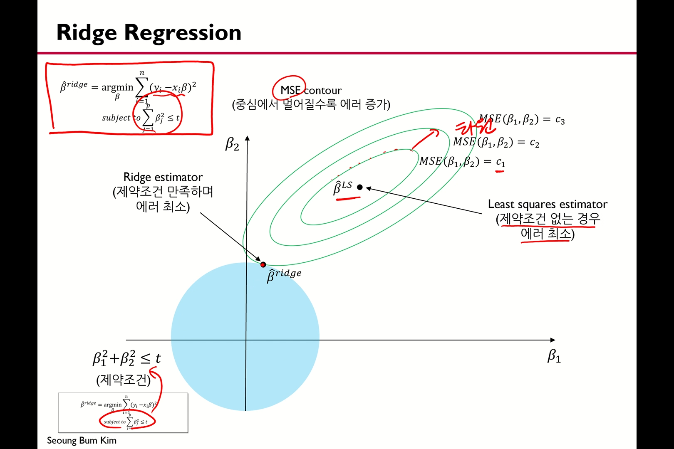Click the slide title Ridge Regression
[x=149, y=32]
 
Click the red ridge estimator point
[x=263, y=264]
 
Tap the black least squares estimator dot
[x=360, y=187]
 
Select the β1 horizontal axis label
[x=554, y=356]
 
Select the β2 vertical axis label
[x=232, y=144]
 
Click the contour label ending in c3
[x=522, y=120]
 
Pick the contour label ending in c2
[x=496, y=142]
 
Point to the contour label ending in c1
[x=462, y=161]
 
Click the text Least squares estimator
[x=548, y=204]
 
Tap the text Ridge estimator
[x=163, y=177]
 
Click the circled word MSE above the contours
[x=290, y=90]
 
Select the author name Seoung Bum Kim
[x=82, y=440]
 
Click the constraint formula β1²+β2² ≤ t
[x=126, y=358]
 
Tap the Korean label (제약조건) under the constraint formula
[x=123, y=380]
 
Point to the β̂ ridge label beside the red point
[x=284, y=275]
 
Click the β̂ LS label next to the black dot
[x=342, y=187]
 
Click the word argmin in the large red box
[x=117, y=87]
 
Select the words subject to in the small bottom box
[x=114, y=422]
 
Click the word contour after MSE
[x=322, y=90]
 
